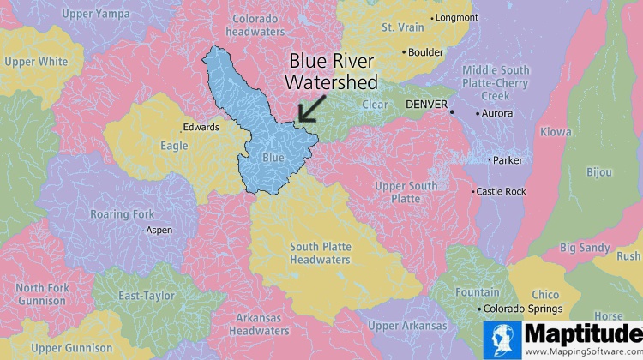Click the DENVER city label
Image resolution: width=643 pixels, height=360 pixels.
426,104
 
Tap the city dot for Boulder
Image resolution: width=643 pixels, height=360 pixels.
405,52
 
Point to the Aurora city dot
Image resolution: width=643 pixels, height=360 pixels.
478,113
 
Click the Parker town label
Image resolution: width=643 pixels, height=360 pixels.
508,160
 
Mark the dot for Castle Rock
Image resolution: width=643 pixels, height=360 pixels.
472,191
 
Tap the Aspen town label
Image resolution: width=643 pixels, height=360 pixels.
159,230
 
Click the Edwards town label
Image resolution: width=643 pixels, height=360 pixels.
201,128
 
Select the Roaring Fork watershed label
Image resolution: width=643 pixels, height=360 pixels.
122,214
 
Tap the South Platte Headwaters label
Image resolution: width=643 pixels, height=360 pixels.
320,253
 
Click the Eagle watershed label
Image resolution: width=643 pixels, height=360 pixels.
174,146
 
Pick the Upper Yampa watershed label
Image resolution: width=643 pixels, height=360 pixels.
96,14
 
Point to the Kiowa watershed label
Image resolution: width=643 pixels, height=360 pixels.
556,132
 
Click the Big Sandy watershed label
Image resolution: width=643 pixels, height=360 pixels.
585,249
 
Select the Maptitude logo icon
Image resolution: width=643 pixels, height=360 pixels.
502,339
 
